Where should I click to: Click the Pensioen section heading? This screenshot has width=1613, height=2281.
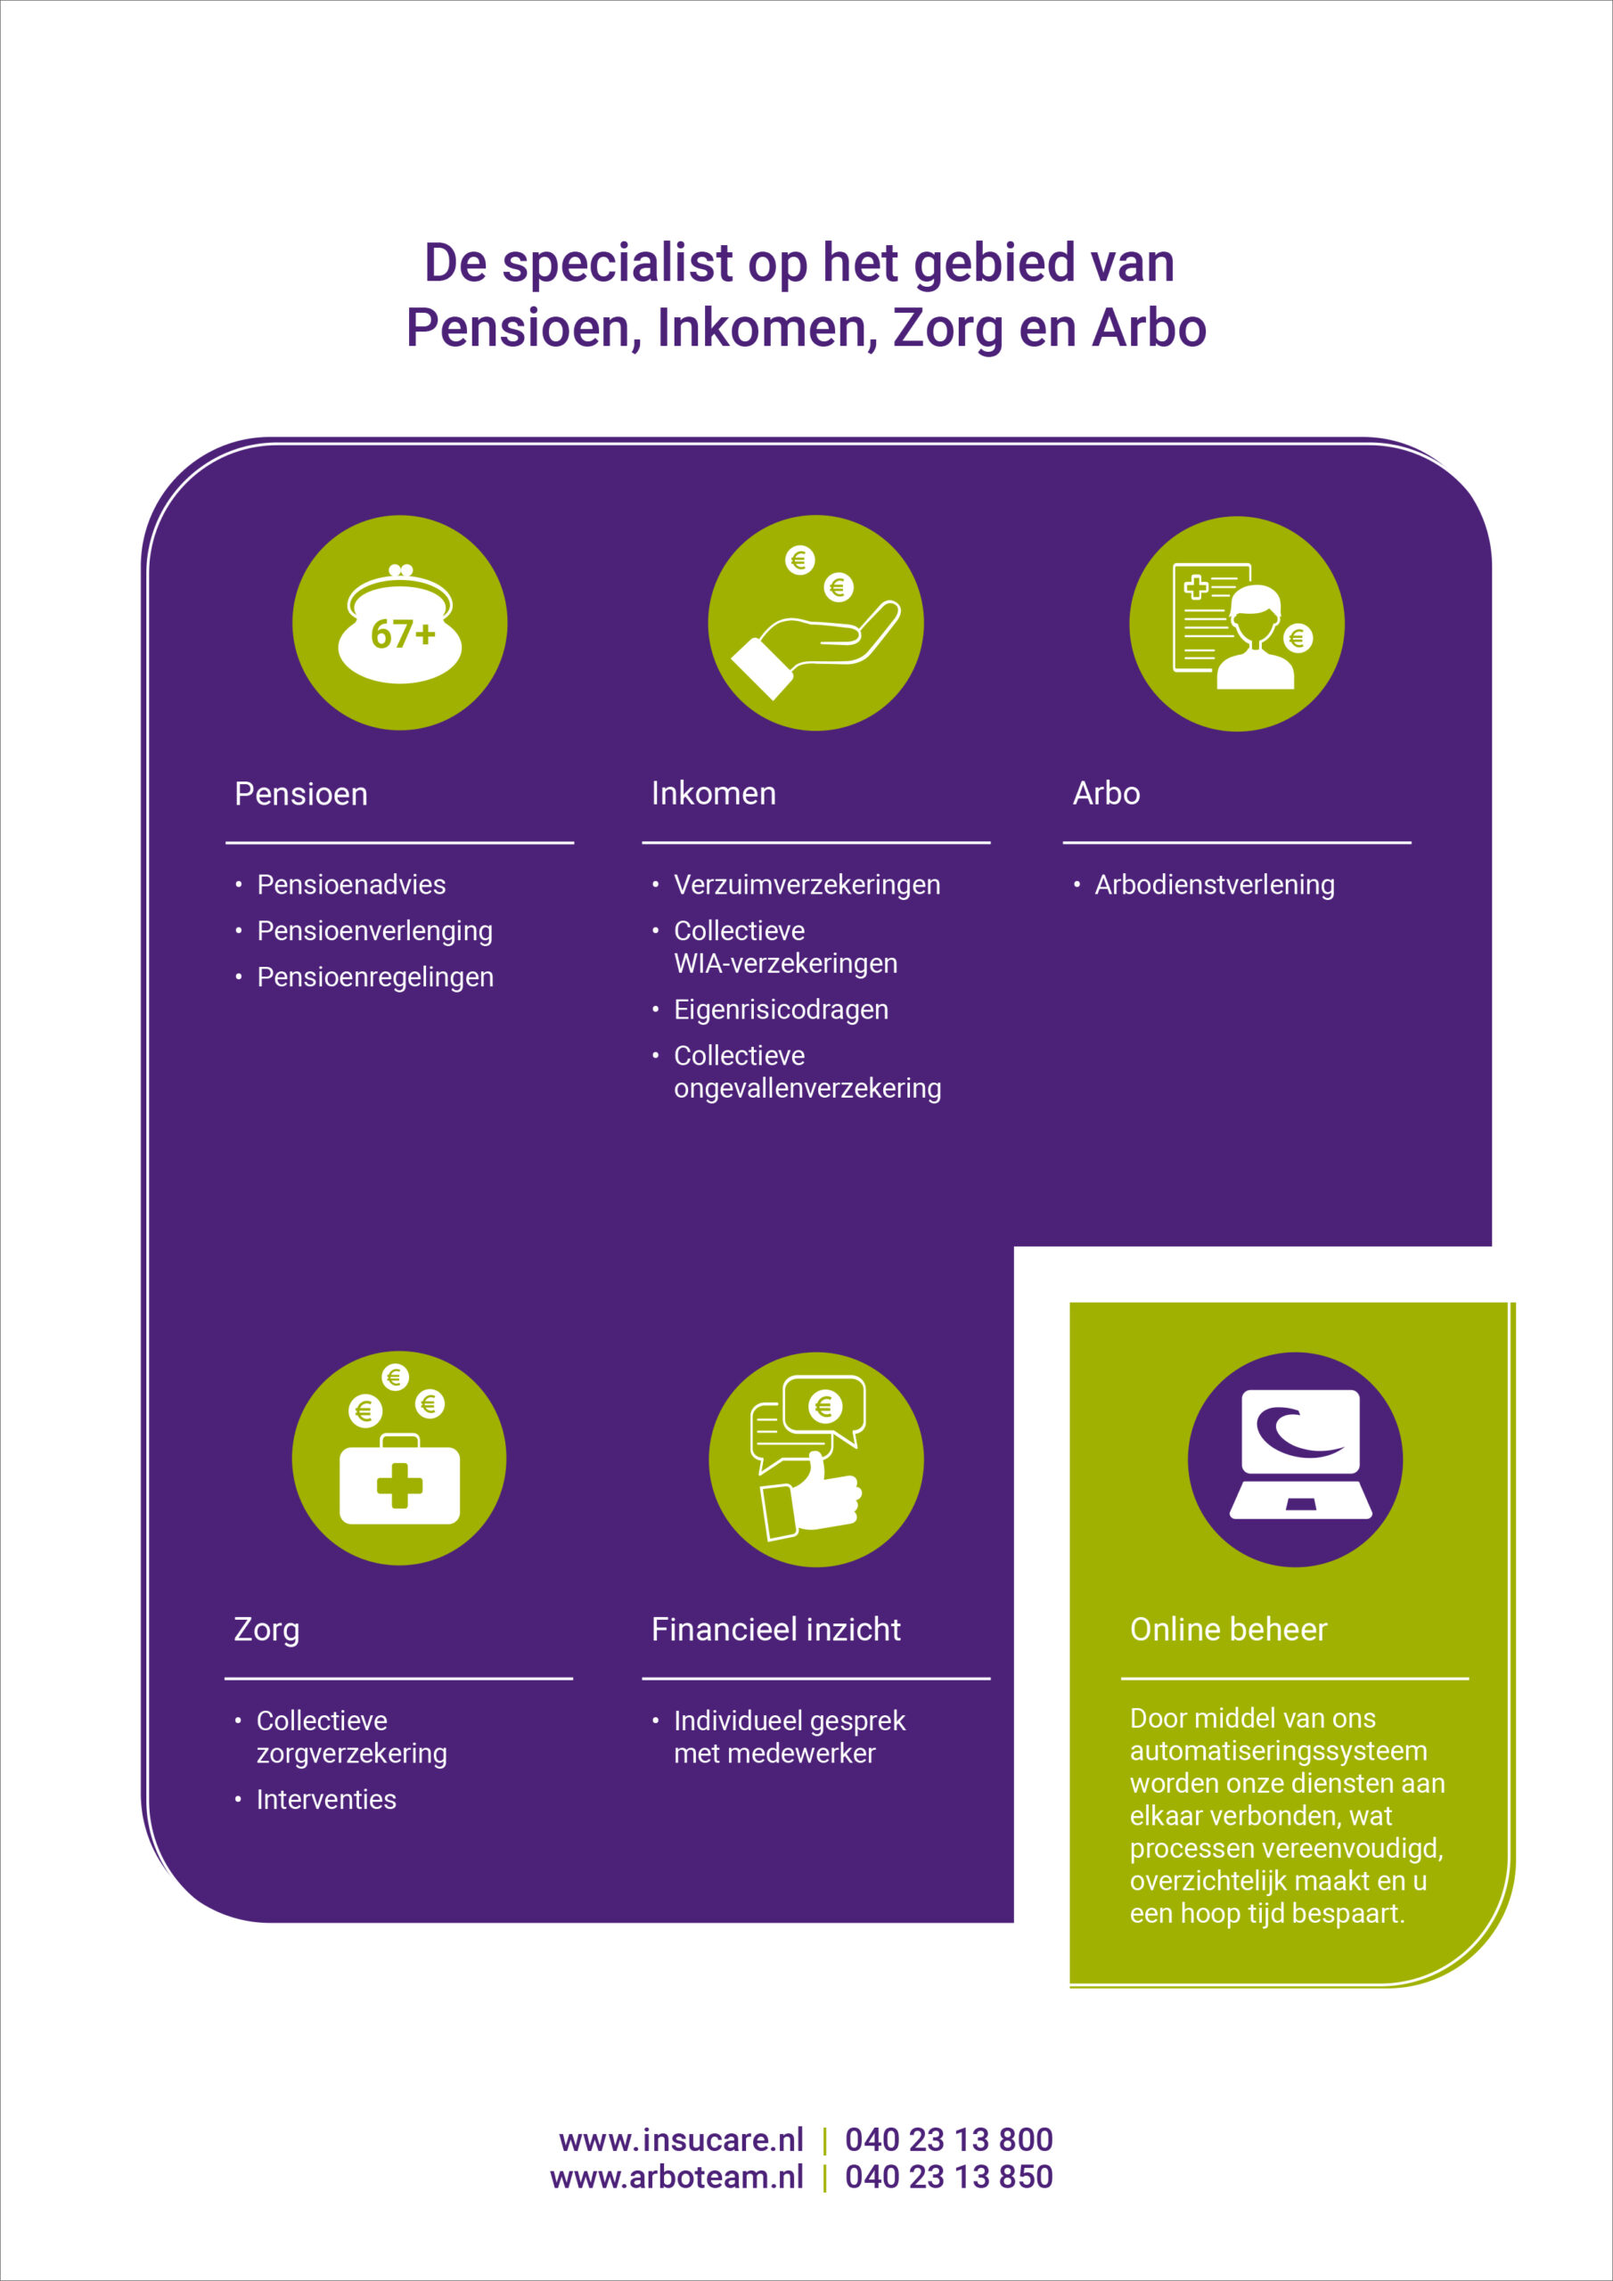click(301, 794)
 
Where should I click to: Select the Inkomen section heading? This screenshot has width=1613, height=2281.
click(714, 793)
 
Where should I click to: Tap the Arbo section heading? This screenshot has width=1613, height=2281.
click(1106, 793)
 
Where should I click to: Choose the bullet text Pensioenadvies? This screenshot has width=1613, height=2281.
click(351, 884)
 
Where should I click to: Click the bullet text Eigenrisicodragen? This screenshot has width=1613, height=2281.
click(782, 1010)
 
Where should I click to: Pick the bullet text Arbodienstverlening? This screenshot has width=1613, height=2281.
click(1215, 884)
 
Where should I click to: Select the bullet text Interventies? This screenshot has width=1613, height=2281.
click(326, 1799)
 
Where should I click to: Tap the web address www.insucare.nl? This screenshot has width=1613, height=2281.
click(681, 2139)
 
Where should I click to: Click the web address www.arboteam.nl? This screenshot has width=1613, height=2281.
click(676, 2176)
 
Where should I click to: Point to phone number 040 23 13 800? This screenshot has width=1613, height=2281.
click(948, 2139)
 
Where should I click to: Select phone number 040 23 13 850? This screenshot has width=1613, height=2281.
click(948, 2176)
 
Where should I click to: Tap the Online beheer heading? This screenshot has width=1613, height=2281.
click(1228, 1630)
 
